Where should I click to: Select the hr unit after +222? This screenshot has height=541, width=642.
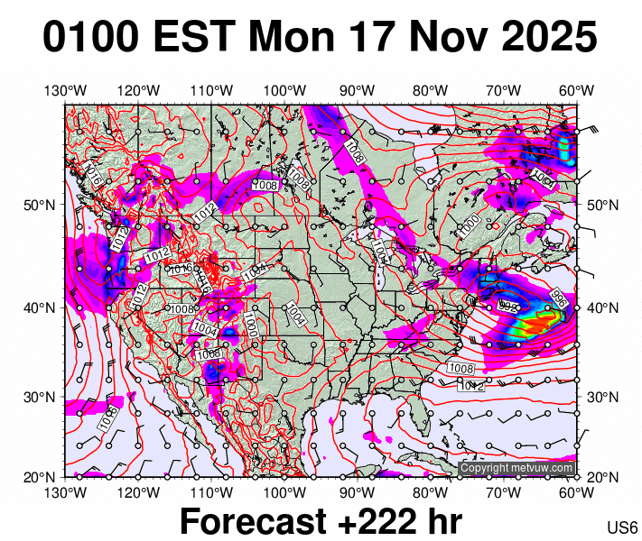pyautogui.click(x=440, y=522)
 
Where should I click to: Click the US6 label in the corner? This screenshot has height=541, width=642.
pyautogui.click(x=623, y=527)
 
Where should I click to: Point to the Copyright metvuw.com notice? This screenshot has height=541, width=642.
pyautogui.click(x=516, y=468)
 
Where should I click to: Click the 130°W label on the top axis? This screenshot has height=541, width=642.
pyautogui.click(x=65, y=90)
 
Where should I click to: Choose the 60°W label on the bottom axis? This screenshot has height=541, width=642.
pyautogui.click(x=576, y=492)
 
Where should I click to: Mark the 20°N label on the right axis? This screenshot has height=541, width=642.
pyautogui.click(x=602, y=476)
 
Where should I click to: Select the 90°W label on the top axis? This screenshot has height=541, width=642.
pyautogui.click(x=358, y=90)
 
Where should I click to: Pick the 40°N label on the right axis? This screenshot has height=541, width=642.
pyautogui.click(x=602, y=307)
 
